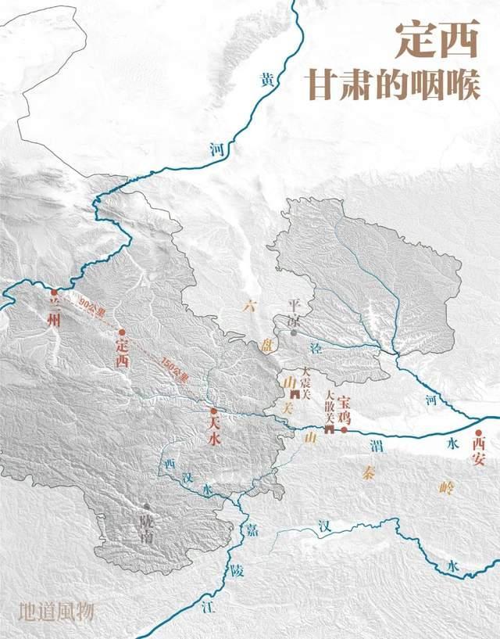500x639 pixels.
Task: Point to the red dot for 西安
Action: coord(479,431)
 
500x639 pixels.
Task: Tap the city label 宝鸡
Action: coord(345,411)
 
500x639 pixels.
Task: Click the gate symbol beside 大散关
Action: coord(330,429)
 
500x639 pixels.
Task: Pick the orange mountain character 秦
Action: coord(370,472)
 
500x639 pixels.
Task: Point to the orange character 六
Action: coord(248,304)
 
